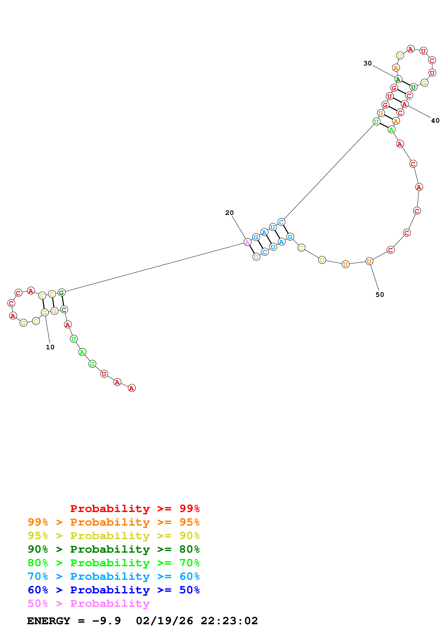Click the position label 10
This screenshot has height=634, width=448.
tap(50, 347)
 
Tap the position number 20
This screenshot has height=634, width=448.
tap(229, 213)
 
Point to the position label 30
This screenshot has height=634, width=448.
tap(367, 63)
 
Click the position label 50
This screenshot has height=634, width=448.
tap(380, 294)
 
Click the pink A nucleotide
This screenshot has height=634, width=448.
tap(248, 242)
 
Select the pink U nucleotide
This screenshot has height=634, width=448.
tap(256, 257)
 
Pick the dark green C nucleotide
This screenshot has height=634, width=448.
tap(64, 310)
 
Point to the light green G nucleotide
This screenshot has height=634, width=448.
tap(92, 364)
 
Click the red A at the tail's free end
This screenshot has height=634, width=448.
tap(132, 388)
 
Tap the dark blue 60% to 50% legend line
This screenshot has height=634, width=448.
tap(114, 590)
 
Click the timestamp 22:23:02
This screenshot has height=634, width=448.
tap(229, 621)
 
